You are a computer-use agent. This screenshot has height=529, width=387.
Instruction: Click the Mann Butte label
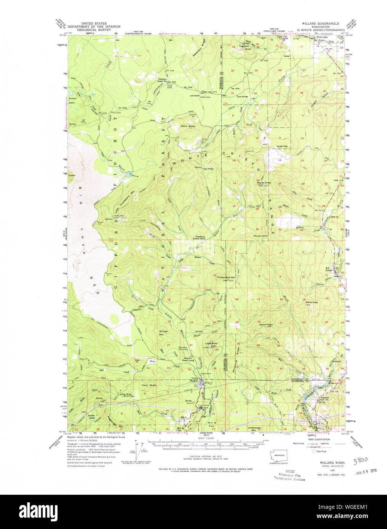[x=187, y=126]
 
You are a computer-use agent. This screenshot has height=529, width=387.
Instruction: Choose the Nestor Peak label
[x=265, y=325]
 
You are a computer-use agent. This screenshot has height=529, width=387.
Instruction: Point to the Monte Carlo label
[x=261, y=236]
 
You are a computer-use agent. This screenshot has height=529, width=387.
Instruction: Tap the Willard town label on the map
[x=194, y=381]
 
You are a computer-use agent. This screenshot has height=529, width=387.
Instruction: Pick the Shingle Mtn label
[x=163, y=333]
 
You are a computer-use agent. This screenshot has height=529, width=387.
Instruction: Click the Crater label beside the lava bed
[x=72, y=175]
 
